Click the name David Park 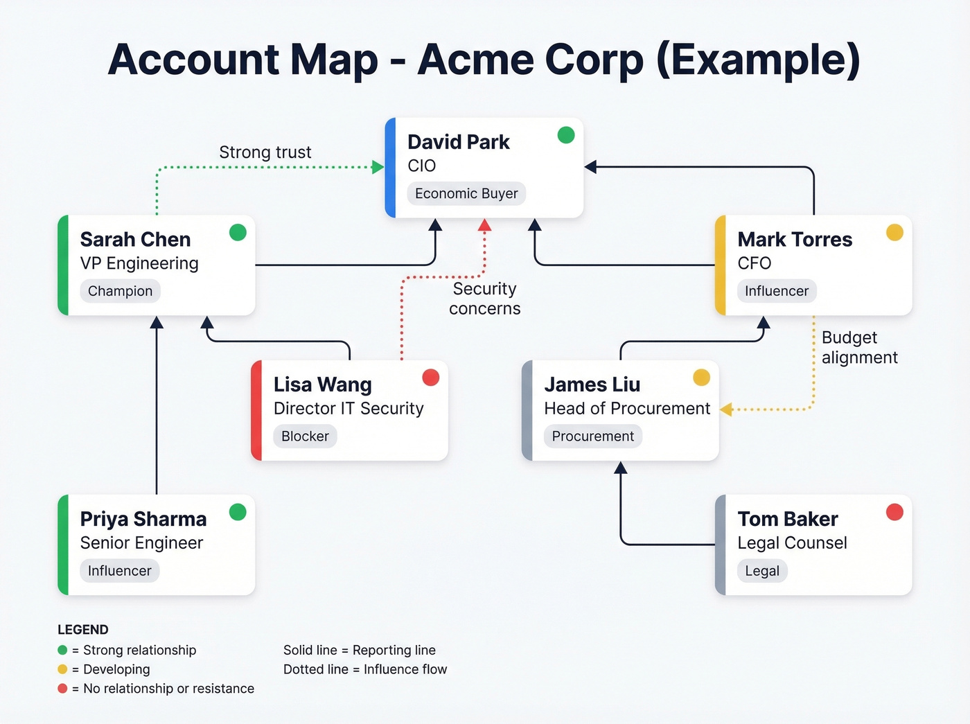[458, 142]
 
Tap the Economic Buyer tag [466, 194]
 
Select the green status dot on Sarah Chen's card [238, 233]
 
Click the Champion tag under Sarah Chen [120, 291]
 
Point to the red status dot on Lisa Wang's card [431, 378]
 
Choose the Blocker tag [305, 436]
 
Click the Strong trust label [265, 152]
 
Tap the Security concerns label [484, 299]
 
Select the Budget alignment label [859, 347]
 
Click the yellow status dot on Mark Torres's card [894, 233]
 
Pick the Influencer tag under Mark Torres [776, 291]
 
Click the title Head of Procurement [627, 409]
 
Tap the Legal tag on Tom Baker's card [762, 571]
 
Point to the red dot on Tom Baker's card [894, 512]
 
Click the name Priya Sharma [143, 519]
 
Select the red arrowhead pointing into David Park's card [485, 225]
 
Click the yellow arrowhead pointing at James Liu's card [726, 409]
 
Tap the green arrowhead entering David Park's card [378, 167]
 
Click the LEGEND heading [83, 630]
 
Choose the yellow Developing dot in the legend [62, 669]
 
